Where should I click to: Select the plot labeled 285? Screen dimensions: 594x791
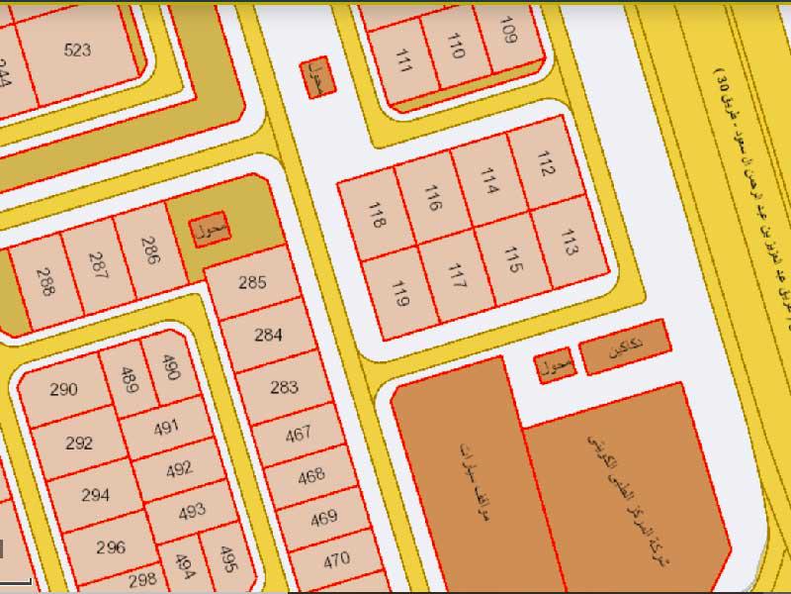coord(253,282)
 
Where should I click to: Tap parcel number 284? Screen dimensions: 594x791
coord(268,335)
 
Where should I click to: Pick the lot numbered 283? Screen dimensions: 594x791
coord(283,387)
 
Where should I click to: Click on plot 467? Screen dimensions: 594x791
coord(298,433)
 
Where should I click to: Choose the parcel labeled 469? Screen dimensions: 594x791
coord(323,518)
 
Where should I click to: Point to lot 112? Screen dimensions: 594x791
coord(545,162)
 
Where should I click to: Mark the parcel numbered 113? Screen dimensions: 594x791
coord(568,241)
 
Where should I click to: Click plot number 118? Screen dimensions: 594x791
coord(376,215)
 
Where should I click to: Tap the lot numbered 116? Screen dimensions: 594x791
coord(432,198)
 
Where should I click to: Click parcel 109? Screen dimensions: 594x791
coord(508,33)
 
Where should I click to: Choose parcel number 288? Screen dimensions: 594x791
coord(45,283)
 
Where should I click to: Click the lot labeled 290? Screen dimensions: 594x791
coord(63,389)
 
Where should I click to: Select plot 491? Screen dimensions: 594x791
coord(166,427)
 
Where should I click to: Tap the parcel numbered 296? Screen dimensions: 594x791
coord(110,546)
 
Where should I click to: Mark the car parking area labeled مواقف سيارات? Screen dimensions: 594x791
coord(465,475)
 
